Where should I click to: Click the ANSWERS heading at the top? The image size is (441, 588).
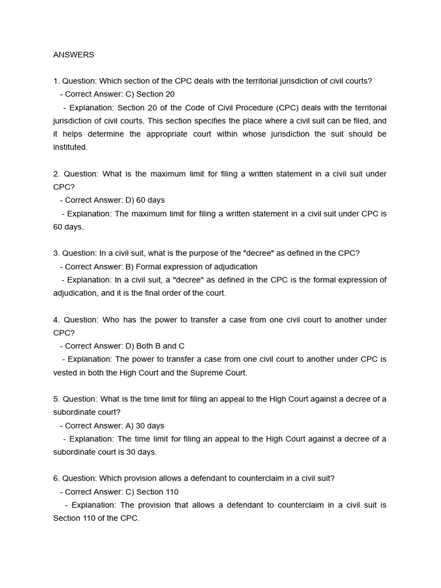(73, 55)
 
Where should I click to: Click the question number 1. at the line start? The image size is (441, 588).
(56, 81)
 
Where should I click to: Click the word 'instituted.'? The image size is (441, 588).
(71, 147)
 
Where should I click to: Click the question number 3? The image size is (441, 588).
(56, 253)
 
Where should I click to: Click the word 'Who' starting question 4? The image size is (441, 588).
(111, 319)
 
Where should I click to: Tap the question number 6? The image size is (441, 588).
(56, 478)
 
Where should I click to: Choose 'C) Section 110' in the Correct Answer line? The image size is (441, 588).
(152, 492)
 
